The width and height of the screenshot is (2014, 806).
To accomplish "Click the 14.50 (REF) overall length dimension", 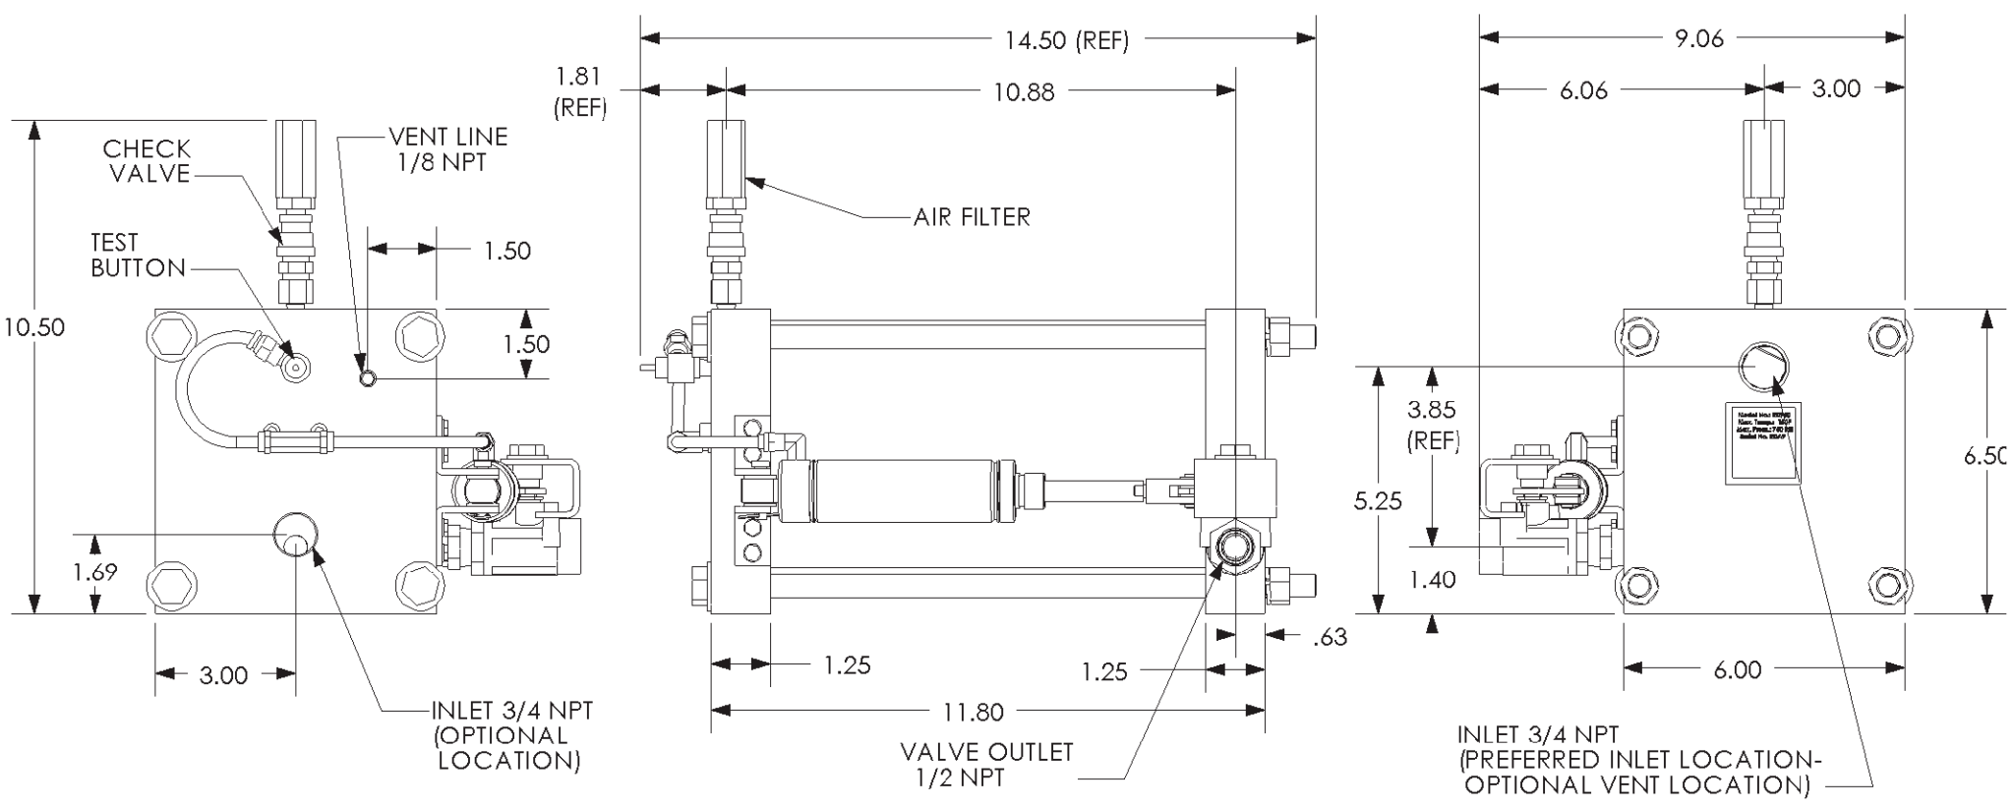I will click(x=1066, y=40).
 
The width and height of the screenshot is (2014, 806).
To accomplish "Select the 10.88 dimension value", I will click(x=1023, y=92).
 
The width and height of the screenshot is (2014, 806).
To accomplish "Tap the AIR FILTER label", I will click(x=972, y=217).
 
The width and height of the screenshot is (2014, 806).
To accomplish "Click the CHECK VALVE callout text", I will click(x=147, y=161).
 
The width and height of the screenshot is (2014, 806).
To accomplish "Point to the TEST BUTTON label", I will click(x=138, y=256).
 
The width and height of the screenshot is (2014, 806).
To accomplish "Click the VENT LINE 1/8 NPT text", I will click(x=447, y=149).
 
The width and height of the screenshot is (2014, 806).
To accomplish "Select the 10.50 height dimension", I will click(x=33, y=327).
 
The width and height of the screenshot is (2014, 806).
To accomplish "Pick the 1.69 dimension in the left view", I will click(x=94, y=572).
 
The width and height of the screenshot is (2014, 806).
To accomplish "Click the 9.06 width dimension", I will click(x=1698, y=39).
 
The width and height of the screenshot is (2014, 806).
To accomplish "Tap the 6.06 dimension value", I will click(x=1583, y=90).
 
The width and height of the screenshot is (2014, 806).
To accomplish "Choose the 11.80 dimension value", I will click(x=974, y=711).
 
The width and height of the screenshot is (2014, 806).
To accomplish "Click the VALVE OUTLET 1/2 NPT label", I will click(x=986, y=765).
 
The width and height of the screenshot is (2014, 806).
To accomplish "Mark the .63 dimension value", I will click(x=1330, y=638).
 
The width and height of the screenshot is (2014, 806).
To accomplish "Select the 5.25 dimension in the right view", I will click(x=1377, y=501).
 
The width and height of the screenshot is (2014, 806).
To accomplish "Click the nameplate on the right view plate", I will click(x=1762, y=441).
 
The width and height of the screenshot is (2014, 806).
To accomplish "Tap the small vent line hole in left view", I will click(x=367, y=378).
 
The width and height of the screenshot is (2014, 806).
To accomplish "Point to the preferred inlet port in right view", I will click(x=1761, y=367).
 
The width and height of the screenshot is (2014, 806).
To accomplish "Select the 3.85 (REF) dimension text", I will click(x=1431, y=425).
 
